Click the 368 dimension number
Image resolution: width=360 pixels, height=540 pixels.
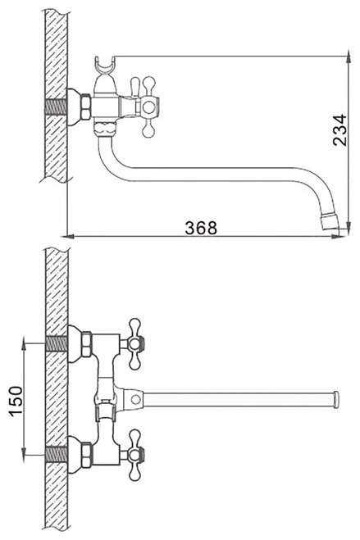[201, 228]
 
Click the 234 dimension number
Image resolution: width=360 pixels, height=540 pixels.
[339, 129]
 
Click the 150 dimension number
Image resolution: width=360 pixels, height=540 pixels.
[16, 401]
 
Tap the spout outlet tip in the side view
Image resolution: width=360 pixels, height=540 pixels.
[330, 223]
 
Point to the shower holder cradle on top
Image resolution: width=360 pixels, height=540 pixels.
[104, 66]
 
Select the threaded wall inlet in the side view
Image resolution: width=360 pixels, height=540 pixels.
[56, 107]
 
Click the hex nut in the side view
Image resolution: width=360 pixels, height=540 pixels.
[85, 107]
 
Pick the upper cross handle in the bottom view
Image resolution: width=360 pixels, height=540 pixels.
[134, 343]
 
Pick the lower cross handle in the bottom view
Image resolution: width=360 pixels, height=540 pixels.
[134, 455]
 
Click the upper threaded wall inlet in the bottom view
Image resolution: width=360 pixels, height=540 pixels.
[56, 343]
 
